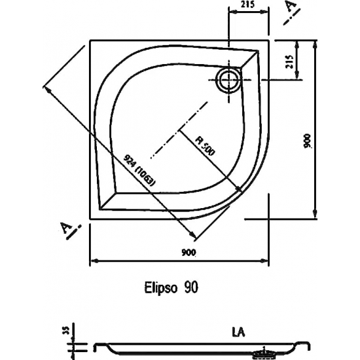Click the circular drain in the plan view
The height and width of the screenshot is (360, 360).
pos(228,80)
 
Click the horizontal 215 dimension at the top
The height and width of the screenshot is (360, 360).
pos(248,5)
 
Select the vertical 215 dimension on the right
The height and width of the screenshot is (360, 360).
pos(290,62)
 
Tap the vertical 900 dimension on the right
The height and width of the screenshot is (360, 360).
pos(308,141)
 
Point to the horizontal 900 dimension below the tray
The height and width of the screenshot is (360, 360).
pos(189,253)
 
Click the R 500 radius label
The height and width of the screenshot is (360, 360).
pos(205,145)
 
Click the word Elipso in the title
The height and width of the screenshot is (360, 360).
pos(161,287)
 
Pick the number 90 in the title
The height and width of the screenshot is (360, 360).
pos(190,287)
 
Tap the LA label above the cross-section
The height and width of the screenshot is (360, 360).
pos(238,332)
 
